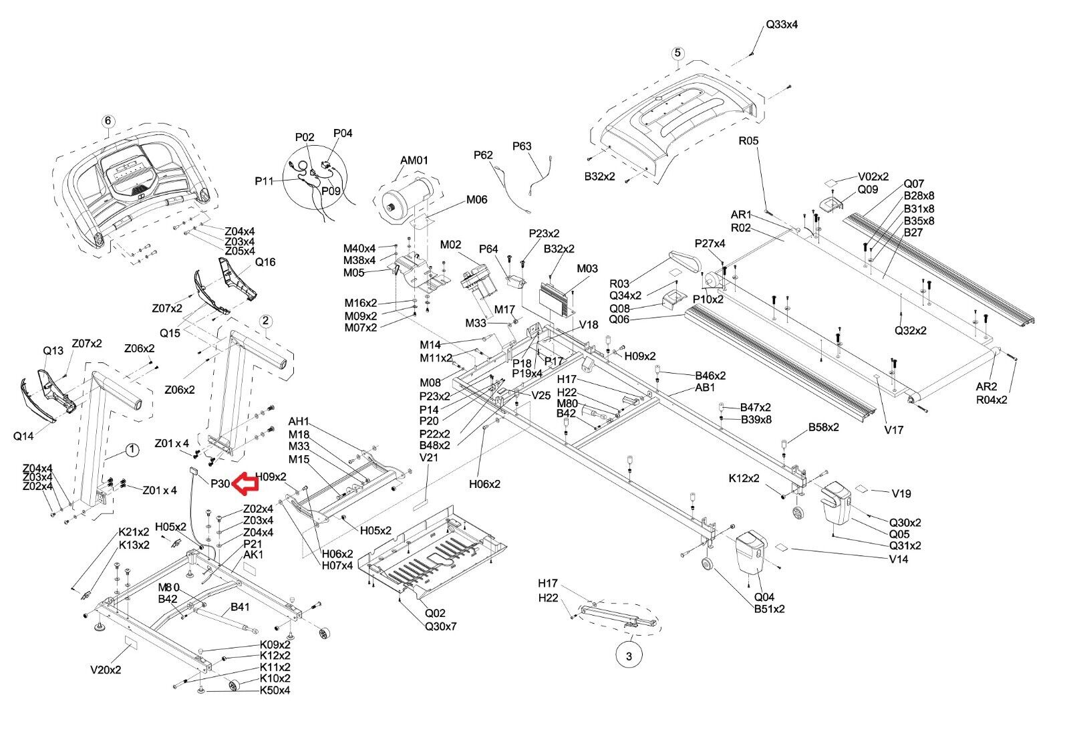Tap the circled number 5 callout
coord(677,53)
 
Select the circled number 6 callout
coord(108,121)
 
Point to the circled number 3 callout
coord(629,656)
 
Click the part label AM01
coord(414,160)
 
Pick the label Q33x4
coord(781,25)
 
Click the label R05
coord(748,141)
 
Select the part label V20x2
coord(106,669)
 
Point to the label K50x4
coord(275,690)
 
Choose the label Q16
coord(265,262)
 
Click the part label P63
coord(522,146)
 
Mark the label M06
coord(477,199)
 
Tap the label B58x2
coord(823,426)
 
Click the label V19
coord(901,493)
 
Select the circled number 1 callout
coord(132,450)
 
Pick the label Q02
coord(435,613)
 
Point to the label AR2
coord(986,387)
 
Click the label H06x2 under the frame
coord(484,483)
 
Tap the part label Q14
coord(23,436)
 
